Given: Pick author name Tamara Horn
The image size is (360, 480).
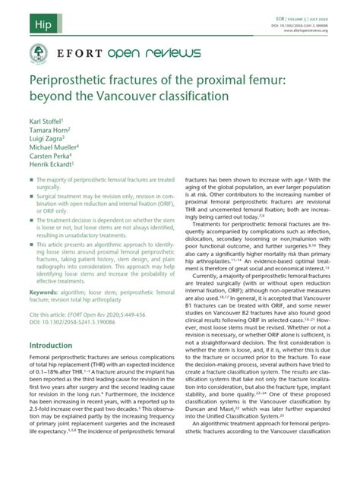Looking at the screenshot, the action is (x=49, y=130).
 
